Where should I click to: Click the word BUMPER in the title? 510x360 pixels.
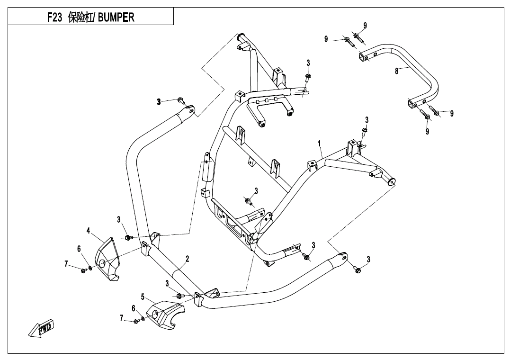tap(116, 18)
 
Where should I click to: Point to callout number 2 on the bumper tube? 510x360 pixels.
tap(188, 259)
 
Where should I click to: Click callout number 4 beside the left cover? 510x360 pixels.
tap(89, 231)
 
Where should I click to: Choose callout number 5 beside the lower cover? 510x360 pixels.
tap(143, 297)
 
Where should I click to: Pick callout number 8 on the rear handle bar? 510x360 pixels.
tap(397, 72)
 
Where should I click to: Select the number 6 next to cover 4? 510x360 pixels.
tap(79, 249)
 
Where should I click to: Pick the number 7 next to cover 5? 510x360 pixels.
tap(122, 318)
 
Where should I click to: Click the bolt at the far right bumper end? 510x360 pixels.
tap(358, 270)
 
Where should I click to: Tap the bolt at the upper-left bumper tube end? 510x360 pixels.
tap(180, 100)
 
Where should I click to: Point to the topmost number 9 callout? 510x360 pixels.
tap(365, 25)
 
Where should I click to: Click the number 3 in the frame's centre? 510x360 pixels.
tap(256, 191)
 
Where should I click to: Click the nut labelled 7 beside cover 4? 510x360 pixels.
tap(83, 270)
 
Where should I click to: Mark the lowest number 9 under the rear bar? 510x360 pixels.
tap(427, 131)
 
